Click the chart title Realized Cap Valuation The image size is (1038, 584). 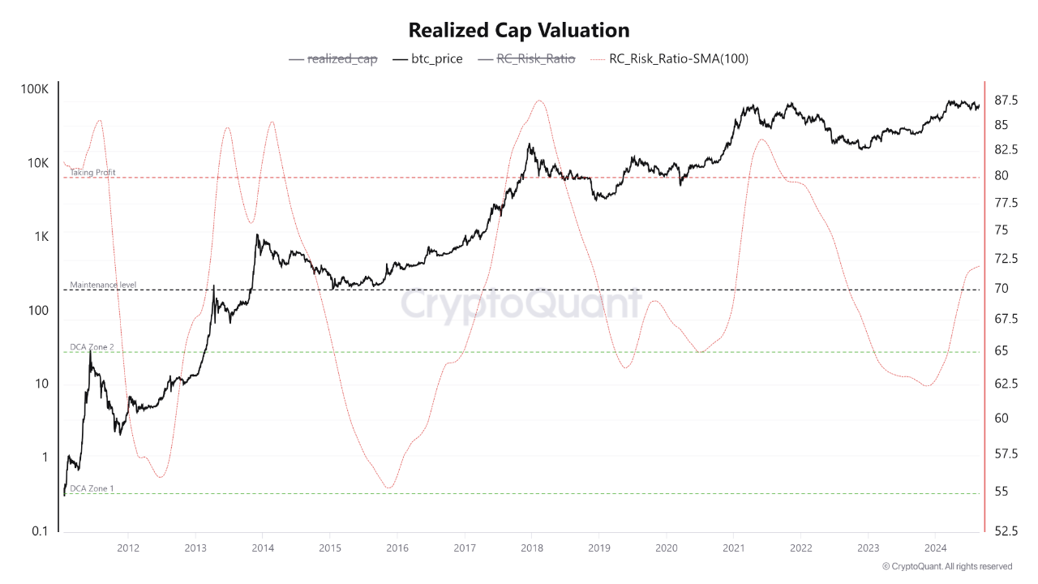click(x=519, y=31)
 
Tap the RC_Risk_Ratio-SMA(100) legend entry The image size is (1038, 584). click(x=679, y=58)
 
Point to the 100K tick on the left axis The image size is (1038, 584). click(x=34, y=88)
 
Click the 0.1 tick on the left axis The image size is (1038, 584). click(x=39, y=531)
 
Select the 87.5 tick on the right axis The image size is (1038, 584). click(x=1006, y=101)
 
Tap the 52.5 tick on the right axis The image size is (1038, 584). click(x=1006, y=531)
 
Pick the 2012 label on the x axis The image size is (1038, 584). click(x=127, y=547)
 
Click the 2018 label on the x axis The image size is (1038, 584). click(x=531, y=547)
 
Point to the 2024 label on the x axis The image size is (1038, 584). click(x=935, y=547)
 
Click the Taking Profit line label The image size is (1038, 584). click(x=92, y=173)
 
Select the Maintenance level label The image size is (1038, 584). click(x=103, y=286)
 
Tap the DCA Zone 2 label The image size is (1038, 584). click(x=92, y=347)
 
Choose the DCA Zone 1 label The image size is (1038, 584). click(x=92, y=489)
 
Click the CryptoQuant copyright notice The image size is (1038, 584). click(x=947, y=566)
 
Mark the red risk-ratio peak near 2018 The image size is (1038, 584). click(x=539, y=101)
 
